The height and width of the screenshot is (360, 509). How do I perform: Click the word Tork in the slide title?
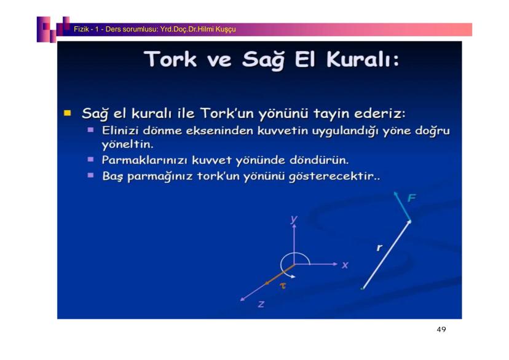[171, 60]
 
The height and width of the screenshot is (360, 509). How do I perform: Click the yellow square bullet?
[68, 113]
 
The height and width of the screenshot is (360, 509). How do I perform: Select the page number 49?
[441, 329]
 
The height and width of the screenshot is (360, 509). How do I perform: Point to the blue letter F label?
[412, 198]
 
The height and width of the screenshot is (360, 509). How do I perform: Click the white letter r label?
[379, 248]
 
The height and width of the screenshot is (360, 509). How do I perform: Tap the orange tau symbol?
[283, 286]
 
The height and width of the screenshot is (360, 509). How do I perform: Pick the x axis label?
[345, 265]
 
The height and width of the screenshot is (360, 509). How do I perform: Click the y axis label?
[294, 219]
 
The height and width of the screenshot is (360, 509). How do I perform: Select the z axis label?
[261, 304]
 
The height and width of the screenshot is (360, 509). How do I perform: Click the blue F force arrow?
[402, 206]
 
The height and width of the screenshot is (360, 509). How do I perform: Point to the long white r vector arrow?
[386, 254]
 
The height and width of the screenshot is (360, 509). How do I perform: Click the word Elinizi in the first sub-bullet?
[120, 130]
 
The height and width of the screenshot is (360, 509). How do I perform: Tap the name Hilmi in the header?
[206, 29]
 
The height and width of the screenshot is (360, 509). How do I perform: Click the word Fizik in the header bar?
[81, 29]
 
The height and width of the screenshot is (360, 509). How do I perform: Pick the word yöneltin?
[127, 144]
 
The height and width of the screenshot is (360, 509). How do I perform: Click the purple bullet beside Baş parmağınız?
[90, 176]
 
